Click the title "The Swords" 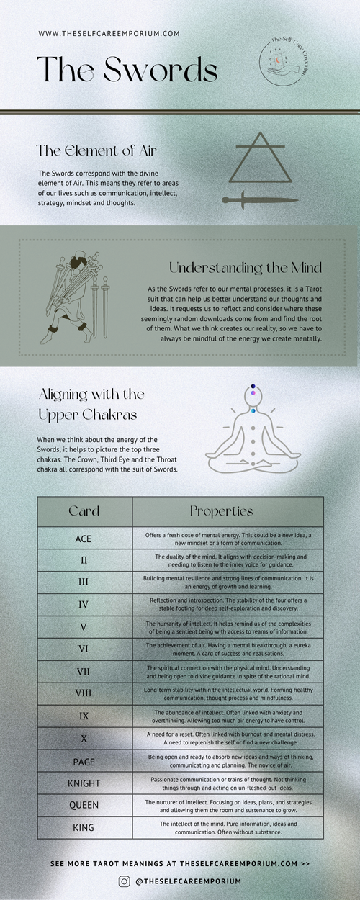tap(127, 71)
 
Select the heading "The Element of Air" tap(97, 151)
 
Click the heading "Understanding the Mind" tap(245, 268)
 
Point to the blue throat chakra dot tap(253, 410)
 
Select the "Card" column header tap(84, 511)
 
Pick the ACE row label tap(84, 539)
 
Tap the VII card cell tap(84, 672)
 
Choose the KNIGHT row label tap(84, 783)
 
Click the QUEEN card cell tap(84, 805)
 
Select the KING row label tap(84, 827)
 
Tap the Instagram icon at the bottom tap(123, 881)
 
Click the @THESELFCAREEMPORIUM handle tap(188, 881)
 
